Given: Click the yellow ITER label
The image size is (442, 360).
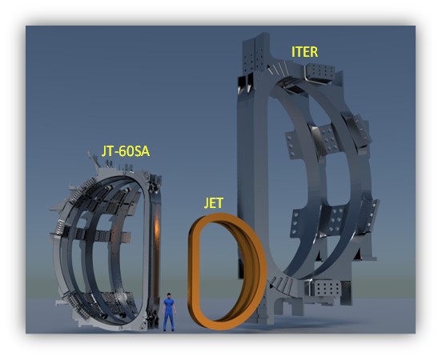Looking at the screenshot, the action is point(304,52).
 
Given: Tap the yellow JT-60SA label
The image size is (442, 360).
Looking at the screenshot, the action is point(126,151).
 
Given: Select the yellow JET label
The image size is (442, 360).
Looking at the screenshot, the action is point(214,203).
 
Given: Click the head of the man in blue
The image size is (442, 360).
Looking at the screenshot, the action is point(169,296).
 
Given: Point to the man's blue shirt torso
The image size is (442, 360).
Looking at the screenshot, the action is point(169,305).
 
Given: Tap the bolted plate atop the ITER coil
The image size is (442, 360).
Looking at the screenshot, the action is point(319,72).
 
